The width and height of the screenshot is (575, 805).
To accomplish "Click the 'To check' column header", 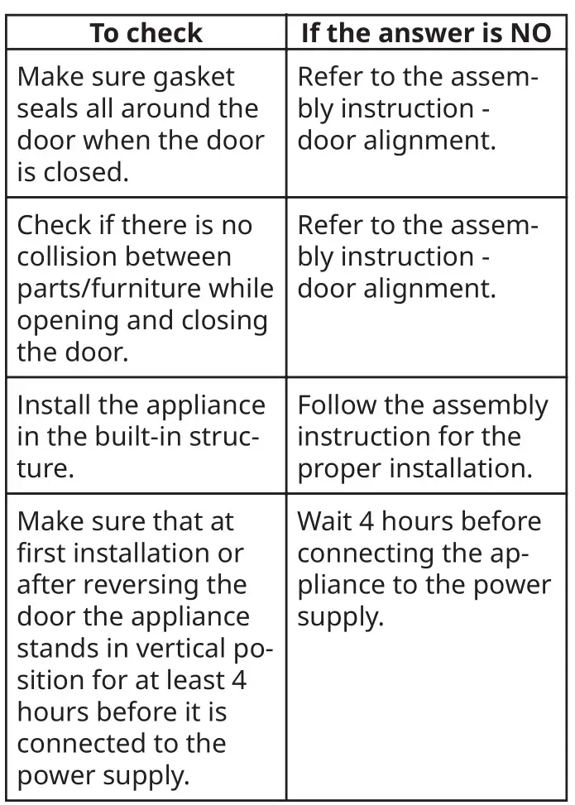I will (146, 33).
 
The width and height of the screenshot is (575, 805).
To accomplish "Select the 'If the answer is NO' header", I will (426, 33).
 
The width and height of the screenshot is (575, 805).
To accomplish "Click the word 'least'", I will (194, 680).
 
